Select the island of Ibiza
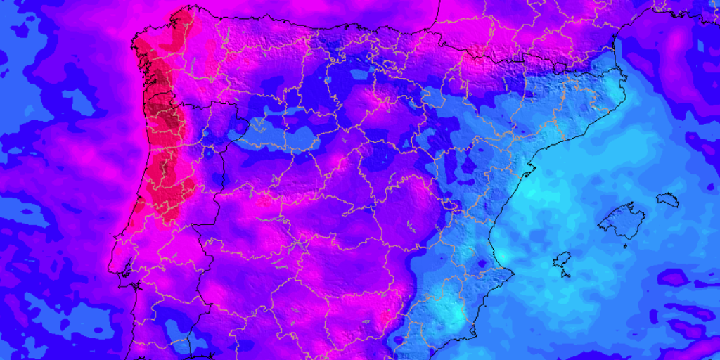(x=562, y=261)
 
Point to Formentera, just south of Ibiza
(x=565, y=274)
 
